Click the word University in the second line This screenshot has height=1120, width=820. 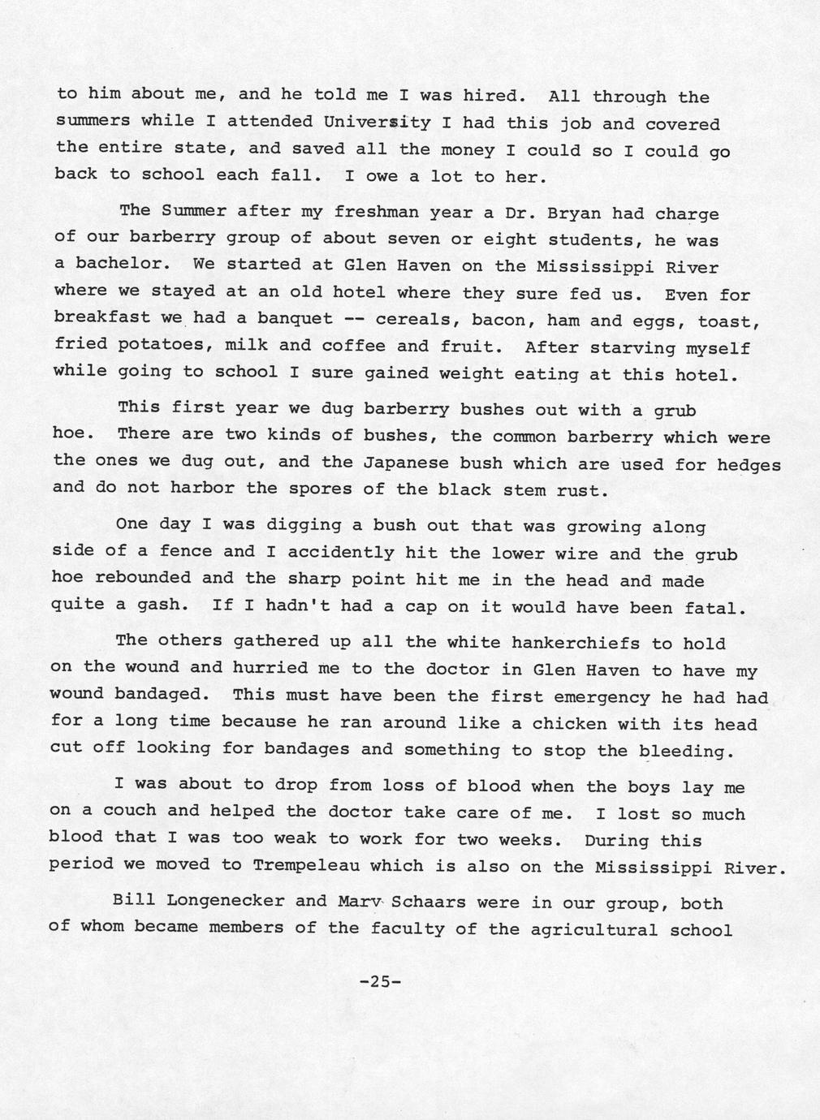[377, 123]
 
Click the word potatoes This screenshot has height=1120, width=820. [160, 345]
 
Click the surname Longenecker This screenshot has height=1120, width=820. [218, 901]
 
